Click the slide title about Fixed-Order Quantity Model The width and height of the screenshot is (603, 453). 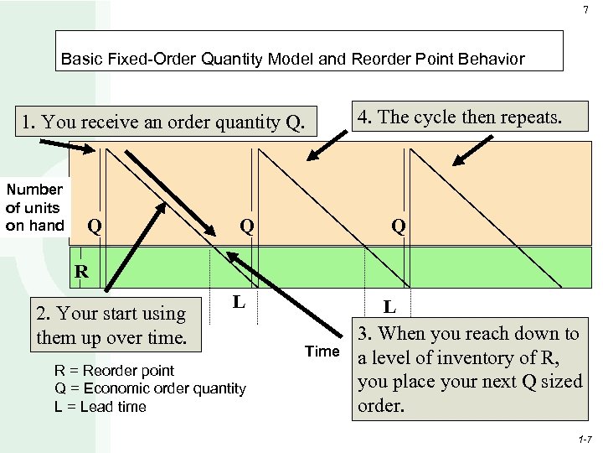[x=293, y=60]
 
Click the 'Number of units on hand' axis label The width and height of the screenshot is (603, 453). [x=34, y=207]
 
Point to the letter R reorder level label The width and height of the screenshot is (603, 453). [x=81, y=271]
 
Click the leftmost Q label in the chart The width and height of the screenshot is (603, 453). [x=95, y=226]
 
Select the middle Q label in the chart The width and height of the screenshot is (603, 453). [x=247, y=226]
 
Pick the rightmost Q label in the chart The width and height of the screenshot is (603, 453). [x=398, y=226]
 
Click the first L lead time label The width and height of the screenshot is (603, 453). [x=239, y=299]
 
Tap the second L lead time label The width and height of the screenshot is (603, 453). [x=390, y=308]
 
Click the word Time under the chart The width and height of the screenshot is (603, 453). [x=322, y=351]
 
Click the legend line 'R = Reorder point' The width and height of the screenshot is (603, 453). [x=114, y=370]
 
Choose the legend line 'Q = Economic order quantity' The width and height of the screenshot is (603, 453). [x=150, y=388]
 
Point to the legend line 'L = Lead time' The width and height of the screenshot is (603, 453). [x=100, y=407]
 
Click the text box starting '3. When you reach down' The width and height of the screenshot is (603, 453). [x=469, y=369]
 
